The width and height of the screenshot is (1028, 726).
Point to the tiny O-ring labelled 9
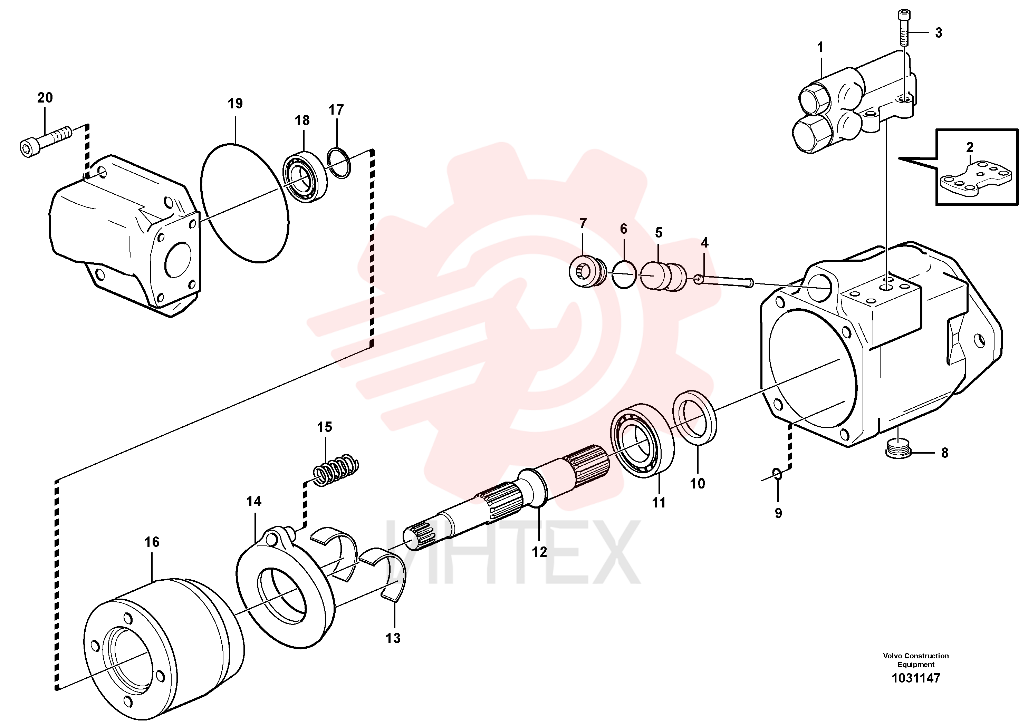point(778,474)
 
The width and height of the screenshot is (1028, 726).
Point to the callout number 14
point(254,501)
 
